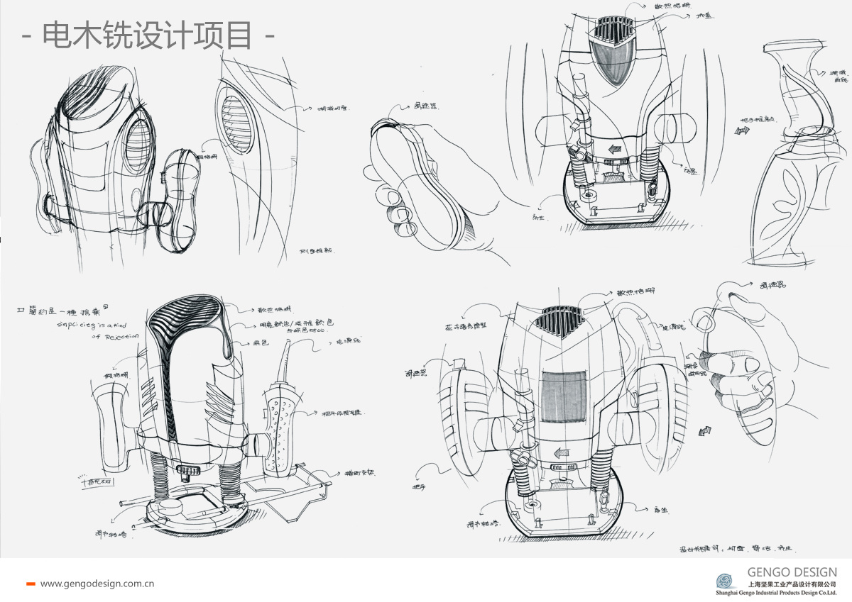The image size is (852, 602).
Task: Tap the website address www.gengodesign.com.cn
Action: (97, 584)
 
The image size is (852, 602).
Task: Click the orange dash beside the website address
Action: (31, 584)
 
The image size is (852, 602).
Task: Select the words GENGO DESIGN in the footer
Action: (792, 572)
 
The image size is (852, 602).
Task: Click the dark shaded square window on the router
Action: (562, 398)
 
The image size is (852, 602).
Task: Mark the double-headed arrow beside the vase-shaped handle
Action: (743, 130)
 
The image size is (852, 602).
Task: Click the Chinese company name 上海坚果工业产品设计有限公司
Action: (792, 584)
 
